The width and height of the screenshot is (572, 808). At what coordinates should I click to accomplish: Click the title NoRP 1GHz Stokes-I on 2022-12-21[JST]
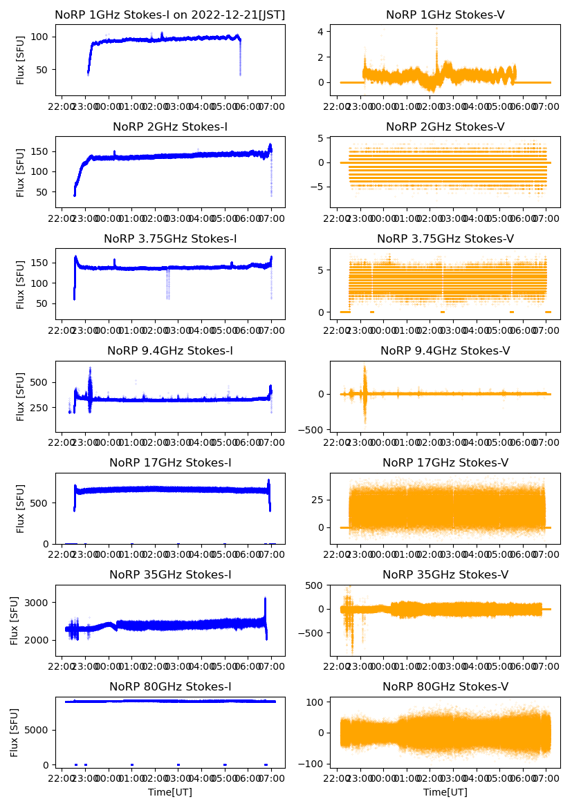tap(169, 15)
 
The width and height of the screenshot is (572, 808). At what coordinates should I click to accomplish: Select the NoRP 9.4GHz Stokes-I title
tap(169, 351)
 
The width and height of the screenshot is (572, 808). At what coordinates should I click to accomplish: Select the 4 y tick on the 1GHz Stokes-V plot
tap(320, 31)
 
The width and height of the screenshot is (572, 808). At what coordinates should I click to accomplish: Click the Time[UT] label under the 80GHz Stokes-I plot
tap(169, 792)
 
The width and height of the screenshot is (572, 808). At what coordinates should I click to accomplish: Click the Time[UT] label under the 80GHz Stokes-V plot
tap(445, 792)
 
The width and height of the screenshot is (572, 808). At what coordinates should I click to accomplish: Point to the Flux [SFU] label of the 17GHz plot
tap(21, 509)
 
